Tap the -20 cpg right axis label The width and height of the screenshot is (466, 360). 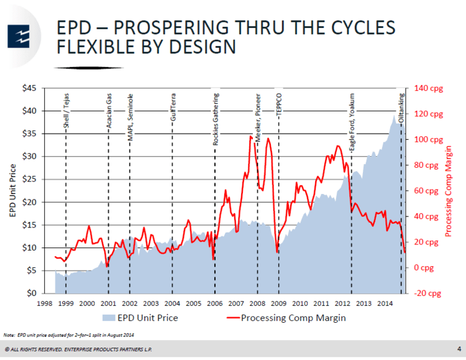(x=428, y=293)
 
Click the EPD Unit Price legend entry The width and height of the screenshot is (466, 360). (x=142, y=318)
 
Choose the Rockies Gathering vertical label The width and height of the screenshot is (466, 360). (x=216, y=119)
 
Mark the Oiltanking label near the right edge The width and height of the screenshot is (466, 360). (x=401, y=106)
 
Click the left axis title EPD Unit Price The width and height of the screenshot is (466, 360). (x=12, y=190)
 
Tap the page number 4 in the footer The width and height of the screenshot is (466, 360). (x=458, y=348)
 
